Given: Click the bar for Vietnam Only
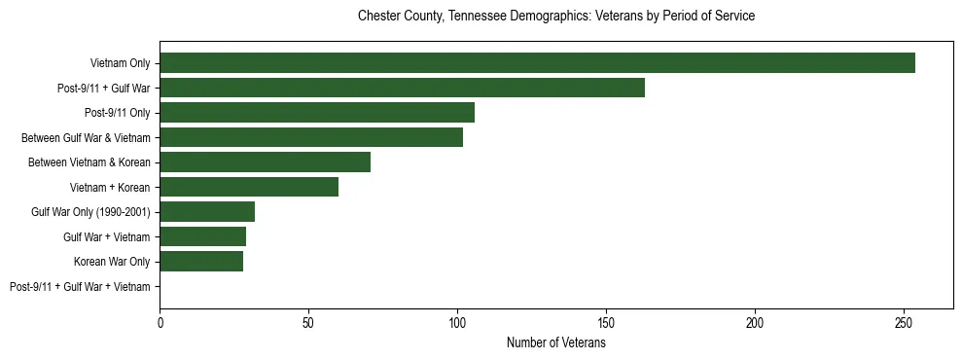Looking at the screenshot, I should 537,63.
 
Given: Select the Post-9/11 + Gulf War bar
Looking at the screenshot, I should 402,88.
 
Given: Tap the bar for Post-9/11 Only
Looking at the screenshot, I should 317,113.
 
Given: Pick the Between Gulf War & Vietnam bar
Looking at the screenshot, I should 311,137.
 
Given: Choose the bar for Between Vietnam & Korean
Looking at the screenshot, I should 265,162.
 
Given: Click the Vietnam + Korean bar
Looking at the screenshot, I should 249,187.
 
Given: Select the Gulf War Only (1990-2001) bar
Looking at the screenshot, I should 207,212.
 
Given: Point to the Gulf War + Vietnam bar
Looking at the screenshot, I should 202,236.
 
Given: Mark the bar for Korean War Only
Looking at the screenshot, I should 201,262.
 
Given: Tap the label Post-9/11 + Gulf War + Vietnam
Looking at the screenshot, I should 80,286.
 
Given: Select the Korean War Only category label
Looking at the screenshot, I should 112,262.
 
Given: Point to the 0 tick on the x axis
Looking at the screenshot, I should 160,321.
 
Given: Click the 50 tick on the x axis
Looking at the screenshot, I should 308,321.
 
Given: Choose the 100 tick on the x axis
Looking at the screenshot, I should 457,321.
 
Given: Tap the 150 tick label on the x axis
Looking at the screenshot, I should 606,321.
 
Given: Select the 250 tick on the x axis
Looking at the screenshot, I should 904,321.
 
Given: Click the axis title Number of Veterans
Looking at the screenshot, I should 555,342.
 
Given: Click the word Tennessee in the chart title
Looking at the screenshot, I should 477,17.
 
